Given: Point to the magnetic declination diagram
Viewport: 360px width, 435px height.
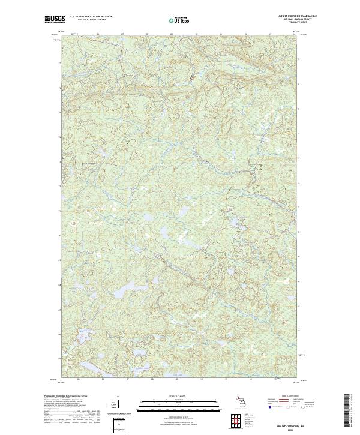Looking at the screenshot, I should click(x=118, y=404).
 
